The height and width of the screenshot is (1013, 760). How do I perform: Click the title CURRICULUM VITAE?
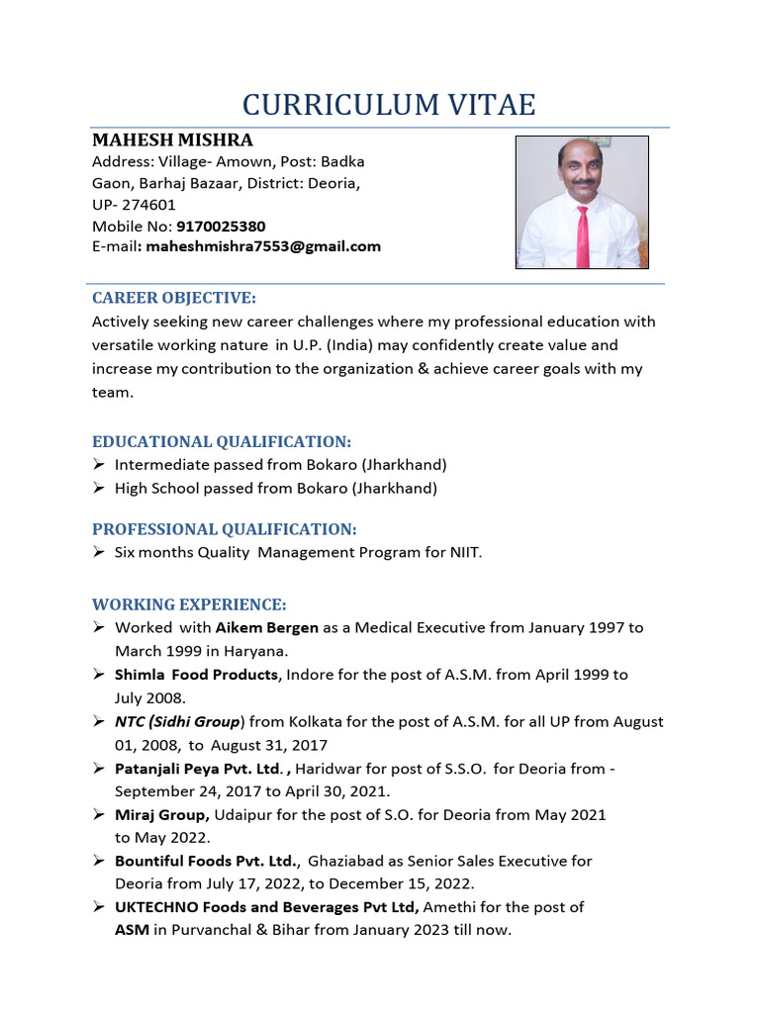coord(389,104)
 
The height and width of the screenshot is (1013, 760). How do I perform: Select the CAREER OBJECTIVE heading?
coord(174,298)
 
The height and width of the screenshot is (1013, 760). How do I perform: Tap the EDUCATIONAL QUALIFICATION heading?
coord(222,441)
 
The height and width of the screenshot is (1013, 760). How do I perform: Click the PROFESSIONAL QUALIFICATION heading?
coord(225,529)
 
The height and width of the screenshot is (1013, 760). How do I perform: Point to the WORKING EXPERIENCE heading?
coord(189,604)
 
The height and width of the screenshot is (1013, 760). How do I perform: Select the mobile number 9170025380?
coord(221,227)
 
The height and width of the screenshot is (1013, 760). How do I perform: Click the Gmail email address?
coord(263,246)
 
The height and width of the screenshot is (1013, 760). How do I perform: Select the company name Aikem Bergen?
coord(267,627)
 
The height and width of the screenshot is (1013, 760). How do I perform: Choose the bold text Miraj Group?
coord(161,814)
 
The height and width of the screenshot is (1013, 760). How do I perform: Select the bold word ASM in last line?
coord(132,930)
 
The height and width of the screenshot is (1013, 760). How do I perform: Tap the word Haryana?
coord(257,650)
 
